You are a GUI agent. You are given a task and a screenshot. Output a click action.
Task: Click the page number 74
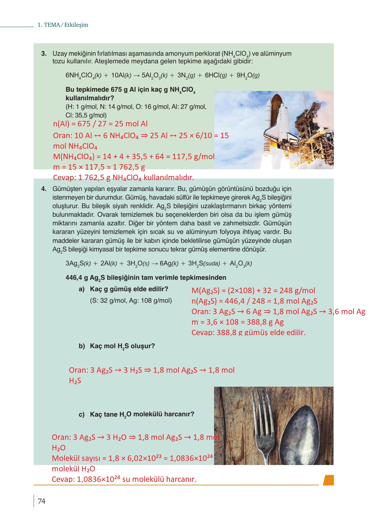[42, 501]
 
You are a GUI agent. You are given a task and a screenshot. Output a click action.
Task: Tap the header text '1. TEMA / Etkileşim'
[63, 25]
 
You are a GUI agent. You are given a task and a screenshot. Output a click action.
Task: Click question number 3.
[44, 54]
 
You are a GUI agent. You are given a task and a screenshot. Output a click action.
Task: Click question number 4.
[44, 189]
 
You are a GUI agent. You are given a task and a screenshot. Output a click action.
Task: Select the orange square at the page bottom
[328, 480]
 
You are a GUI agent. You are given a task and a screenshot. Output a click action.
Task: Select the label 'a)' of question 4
[82, 289]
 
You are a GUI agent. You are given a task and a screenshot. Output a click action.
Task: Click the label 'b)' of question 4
[82, 346]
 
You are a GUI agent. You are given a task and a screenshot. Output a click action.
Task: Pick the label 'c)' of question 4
[82, 414]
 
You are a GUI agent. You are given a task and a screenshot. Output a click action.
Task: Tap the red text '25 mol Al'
[128, 124]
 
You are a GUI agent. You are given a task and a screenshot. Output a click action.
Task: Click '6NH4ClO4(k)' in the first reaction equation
[83, 75]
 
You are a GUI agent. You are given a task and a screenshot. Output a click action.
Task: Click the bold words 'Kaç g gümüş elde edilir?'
[129, 289]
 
